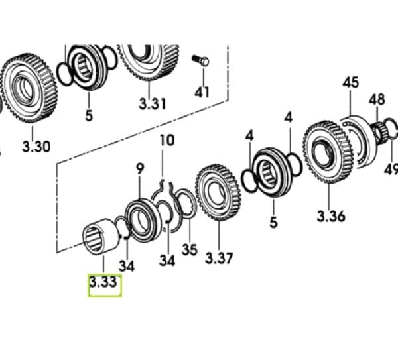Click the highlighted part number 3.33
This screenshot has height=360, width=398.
[x=104, y=284]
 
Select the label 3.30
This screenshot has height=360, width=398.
[x=35, y=147]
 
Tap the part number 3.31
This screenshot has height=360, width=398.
[x=153, y=104]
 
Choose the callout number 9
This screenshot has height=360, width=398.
[x=140, y=169]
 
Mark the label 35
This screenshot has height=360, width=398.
[x=190, y=251]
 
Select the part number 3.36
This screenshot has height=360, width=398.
[x=330, y=217]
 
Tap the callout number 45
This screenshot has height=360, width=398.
[x=351, y=83]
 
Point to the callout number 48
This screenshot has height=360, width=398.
[x=377, y=99]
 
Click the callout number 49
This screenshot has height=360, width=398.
[x=391, y=168]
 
